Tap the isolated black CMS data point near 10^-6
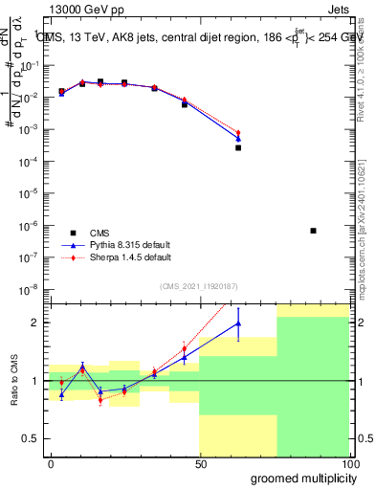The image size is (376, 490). tap(313, 231)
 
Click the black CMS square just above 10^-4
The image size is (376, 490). tap(238, 147)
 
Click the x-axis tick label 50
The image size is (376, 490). tap(200, 463)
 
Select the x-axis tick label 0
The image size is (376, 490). tap(50, 463)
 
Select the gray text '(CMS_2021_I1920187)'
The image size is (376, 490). tap(198, 286)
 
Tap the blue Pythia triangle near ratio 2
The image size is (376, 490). tap(238, 323)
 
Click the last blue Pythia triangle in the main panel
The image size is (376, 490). tap(238, 139)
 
